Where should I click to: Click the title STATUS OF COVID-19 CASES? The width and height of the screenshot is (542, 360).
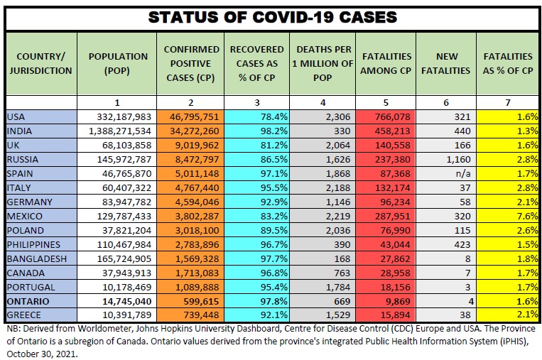272,17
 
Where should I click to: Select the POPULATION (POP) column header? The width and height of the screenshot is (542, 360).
119,63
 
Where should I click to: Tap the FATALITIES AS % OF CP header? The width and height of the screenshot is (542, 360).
507,63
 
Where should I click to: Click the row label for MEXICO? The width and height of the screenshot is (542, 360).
25,216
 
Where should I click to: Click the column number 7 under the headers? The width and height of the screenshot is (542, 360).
507,103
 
